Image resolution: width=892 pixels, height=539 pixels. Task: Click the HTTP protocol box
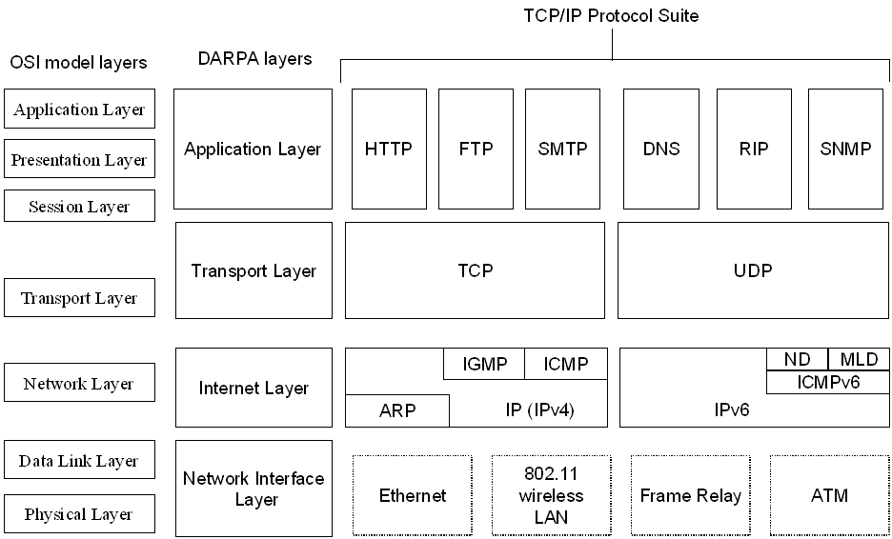(389, 149)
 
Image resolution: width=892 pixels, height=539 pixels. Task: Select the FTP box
(476, 149)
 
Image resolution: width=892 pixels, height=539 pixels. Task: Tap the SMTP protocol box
(562, 149)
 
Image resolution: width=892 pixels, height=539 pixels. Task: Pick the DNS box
(661, 149)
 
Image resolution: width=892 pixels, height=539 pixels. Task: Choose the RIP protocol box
(754, 149)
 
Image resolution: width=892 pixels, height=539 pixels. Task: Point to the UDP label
(753, 270)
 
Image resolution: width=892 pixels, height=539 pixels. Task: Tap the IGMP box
(484, 364)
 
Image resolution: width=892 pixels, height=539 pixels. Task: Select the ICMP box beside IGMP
(566, 364)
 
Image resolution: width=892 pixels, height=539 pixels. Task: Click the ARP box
(397, 410)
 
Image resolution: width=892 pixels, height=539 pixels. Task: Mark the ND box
(797, 359)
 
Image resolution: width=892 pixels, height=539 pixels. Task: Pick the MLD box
(860, 359)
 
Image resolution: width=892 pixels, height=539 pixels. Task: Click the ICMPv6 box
(829, 382)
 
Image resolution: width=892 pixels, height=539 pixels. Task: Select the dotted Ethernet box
(413, 495)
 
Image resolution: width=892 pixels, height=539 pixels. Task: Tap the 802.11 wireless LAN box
(551, 495)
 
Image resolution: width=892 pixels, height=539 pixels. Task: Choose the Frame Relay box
(691, 495)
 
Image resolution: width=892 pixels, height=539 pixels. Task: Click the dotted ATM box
(829, 495)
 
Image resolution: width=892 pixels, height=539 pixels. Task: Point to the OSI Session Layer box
(80, 206)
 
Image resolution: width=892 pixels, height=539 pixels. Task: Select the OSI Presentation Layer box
(80, 159)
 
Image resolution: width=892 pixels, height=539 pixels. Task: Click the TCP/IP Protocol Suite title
(611, 15)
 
